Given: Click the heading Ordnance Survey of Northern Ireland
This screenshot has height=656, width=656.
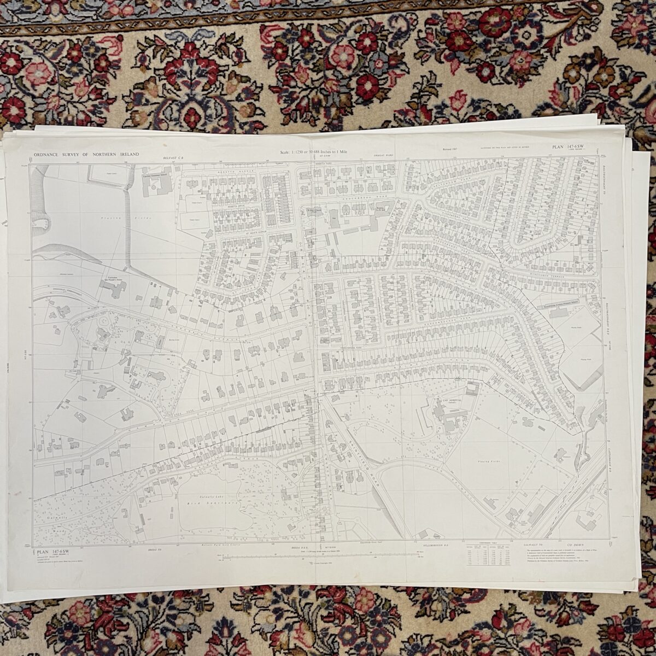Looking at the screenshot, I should coord(86,155).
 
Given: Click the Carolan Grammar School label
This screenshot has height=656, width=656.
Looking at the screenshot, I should coord(157,176).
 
